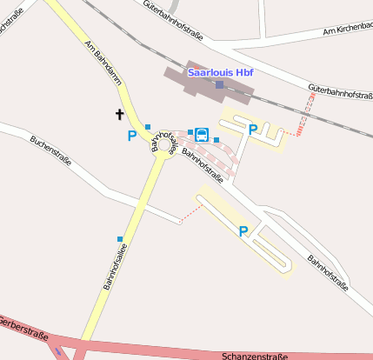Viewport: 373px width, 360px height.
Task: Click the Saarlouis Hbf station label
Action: coord(218,72)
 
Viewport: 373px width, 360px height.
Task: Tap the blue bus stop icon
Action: coord(202,134)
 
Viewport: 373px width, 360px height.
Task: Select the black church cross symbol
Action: coord(119,114)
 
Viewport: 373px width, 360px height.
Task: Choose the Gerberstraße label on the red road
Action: coord(23,332)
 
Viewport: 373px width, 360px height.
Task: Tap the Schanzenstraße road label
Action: coord(254,356)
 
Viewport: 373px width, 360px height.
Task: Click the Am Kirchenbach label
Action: coord(347,30)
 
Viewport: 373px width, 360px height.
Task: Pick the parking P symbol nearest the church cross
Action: coord(132,136)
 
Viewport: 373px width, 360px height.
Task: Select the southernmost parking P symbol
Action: coord(243,231)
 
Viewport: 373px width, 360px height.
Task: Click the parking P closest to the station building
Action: coord(253,130)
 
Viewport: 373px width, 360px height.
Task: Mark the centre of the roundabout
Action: coord(165,156)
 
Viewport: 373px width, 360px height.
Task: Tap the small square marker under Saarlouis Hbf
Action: coord(219,84)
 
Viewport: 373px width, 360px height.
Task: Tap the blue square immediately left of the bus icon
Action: coord(190,132)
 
